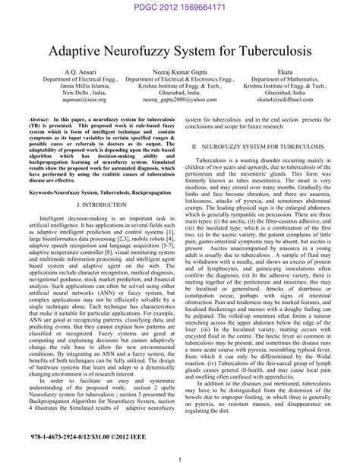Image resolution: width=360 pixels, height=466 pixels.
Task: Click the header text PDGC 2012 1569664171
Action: click(180, 7)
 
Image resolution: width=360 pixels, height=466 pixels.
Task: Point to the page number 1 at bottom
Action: click(179, 459)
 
